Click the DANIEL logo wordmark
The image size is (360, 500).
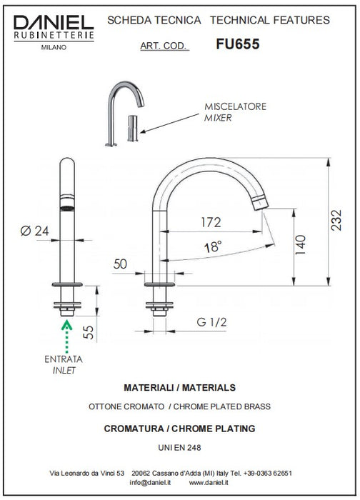coord(54,23)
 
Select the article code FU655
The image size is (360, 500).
coord(238,44)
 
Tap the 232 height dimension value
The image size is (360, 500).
coord(336,220)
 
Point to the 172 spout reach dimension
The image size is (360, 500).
coord(211,222)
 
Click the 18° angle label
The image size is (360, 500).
coord(213,247)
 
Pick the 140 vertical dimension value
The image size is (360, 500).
coord(301,245)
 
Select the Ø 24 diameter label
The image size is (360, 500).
coord(34,231)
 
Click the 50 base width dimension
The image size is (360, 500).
coord(120,264)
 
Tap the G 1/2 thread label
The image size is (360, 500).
coord(211,322)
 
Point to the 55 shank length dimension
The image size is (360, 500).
coord(89,332)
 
